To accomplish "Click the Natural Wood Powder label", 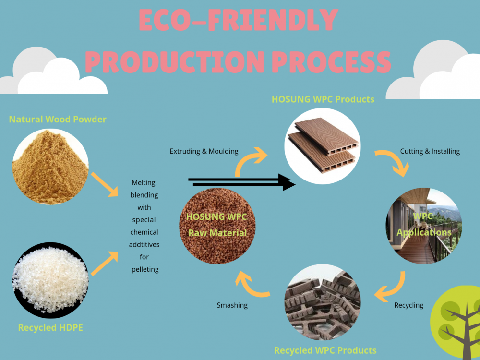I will [x=58, y=119].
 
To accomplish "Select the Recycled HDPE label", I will [x=51, y=327].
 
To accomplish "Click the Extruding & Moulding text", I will [x=204, y=151].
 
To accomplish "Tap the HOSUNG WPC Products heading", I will [x=323, y=100].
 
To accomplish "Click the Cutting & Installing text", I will [x=430, y=151].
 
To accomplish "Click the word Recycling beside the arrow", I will [x=409, y=305].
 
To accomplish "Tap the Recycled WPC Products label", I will [x=325, y=350].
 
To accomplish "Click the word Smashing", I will [x=232, y=305].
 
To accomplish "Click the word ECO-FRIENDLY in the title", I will [x=239, y=21].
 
